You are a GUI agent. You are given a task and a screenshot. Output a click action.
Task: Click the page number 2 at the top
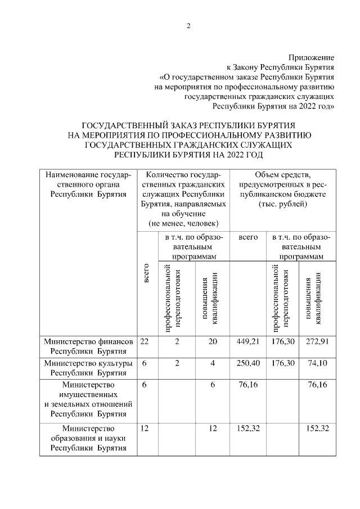point(188,26)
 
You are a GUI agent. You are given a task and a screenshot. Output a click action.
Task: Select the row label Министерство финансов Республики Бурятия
point(88,346)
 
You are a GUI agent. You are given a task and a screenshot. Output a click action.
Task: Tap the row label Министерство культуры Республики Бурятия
point(88,368)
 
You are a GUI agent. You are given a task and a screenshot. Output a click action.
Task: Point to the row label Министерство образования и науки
point(88,438)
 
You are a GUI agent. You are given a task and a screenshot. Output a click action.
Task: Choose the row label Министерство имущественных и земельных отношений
point(88,399)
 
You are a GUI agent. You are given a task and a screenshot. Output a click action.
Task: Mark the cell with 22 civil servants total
point(145,341)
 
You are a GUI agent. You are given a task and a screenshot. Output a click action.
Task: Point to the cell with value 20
point(213,341)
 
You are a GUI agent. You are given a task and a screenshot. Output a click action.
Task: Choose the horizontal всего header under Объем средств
point(248,237)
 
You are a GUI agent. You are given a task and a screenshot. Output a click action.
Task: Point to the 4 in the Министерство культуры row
point(213,363)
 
